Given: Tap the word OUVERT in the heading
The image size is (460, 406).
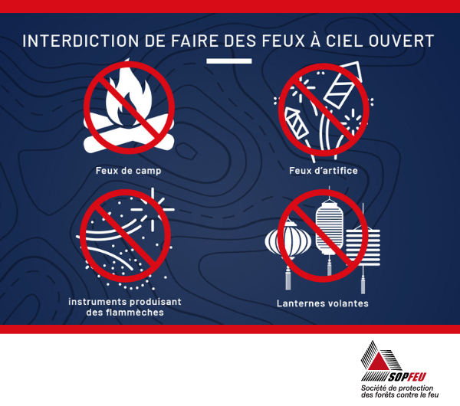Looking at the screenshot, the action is pos(401,41).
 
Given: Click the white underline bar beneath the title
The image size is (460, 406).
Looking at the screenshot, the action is pos(228,61).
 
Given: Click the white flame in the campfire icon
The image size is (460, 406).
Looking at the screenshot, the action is pos(129,93).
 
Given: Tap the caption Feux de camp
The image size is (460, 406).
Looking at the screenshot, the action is pos(129,171).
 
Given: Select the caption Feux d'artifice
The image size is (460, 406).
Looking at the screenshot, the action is pos(324,171).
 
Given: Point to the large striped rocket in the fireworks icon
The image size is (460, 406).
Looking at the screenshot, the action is pos(343,84).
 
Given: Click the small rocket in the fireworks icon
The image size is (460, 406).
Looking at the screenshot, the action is pos(297,123).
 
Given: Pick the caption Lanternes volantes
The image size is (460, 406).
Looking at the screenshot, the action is pos(323,303).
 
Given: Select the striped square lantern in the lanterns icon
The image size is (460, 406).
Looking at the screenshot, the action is pos(363,247).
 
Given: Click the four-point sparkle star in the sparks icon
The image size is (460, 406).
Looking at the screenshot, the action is pos(153,209).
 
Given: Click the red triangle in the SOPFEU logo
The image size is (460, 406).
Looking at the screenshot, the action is pos(377,361).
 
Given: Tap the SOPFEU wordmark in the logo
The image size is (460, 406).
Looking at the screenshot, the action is pos(408,377).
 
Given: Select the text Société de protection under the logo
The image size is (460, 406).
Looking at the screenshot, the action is pos(397,388).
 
